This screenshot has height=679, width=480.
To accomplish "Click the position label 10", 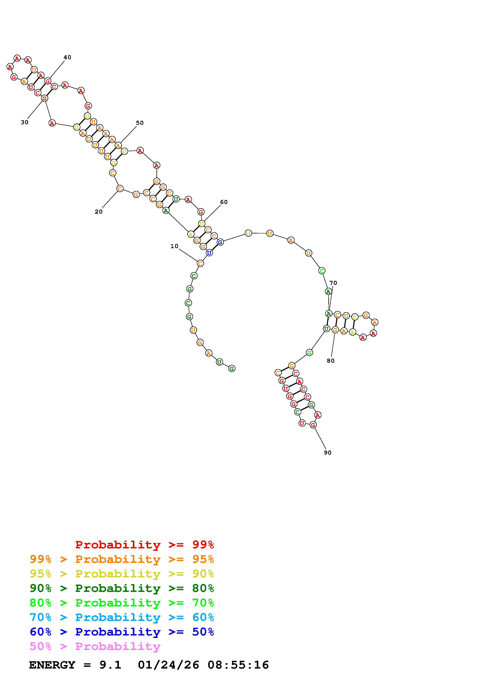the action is pyautogui.click(x=174, y=246).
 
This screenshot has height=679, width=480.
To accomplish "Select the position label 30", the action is pyautogui.click(x=25, y=122).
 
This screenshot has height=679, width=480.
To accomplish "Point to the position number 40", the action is pyautogui.click(x=67, y=57).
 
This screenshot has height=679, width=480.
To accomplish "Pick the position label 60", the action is pyautogui.click(x=224, y=202).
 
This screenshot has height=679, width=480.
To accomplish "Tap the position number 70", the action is pyautogui.click(x=333, y=283).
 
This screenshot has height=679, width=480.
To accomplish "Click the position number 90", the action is pyautogui.click(x=328, y=453).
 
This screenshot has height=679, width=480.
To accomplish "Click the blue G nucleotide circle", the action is pyautogui.click(x=220, y=242).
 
